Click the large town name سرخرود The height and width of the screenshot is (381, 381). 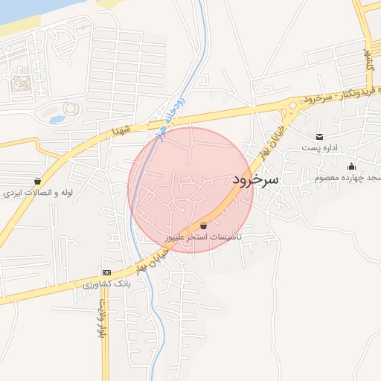(x=254, y=179)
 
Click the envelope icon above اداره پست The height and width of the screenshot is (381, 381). (x=319, y=136)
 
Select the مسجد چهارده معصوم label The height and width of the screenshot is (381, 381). (x=347, y=178)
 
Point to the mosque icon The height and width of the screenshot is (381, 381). (x=350, y=166)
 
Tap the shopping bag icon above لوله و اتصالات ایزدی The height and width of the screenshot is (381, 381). (x=37, y=181)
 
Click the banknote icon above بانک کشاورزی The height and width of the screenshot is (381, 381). (x=106, y=272)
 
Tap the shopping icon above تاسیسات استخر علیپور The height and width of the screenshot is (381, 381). (x=204, y=224)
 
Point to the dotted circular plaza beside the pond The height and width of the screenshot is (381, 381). (x=71, y=109)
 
